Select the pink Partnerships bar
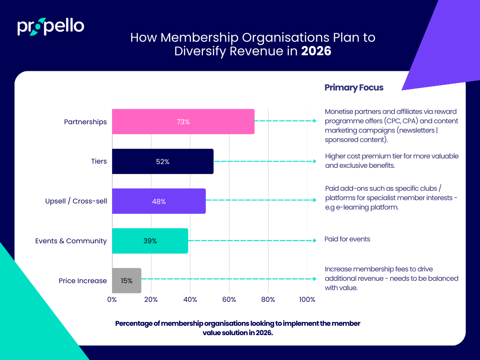tap(183, 121)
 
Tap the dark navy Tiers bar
tap(163, 161)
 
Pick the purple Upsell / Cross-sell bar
tap(158, 201)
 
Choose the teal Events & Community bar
tap(150, 241)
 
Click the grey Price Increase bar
tap(127, 281)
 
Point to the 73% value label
tap(183, 122)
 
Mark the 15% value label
tap(127, 281)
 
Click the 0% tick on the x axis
tap(112, 299)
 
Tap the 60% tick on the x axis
tap(229, 299)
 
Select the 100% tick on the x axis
tap(307, 299)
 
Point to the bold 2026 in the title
tap(316, 51)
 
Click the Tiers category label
tap(99, 161)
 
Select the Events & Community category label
tap(71, 241)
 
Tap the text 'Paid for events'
tap(347, 239)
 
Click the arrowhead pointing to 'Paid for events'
tap(315, 241)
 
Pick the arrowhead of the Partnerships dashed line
tap(315, 121)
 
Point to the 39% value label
tap(150, 241)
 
